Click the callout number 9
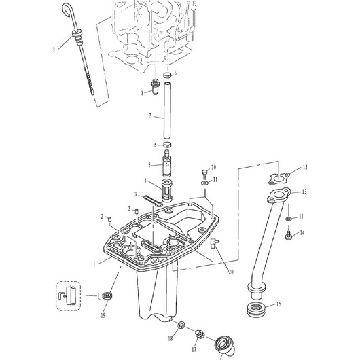click(x=54, y=49)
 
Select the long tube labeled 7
click(x=167, y=111)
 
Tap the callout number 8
click(x=143, y=93)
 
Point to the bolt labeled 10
click(x=205, y=175)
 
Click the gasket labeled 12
click(x=279, y=178)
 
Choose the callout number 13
click(x=304, y=192)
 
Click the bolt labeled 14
click(x=289, y=235)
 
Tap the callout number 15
click(x=278, y=304)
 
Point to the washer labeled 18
click(x=182, y=325)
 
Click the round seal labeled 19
click(x=107, y=295)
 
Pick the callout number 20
click(x=231, y=272)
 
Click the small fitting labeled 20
click(x=214, y=243)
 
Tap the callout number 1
click(x=94, y=264)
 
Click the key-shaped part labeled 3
click(x=153, y=200)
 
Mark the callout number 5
click(x=149, y=165)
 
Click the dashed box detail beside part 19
click(x=69, y=296)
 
